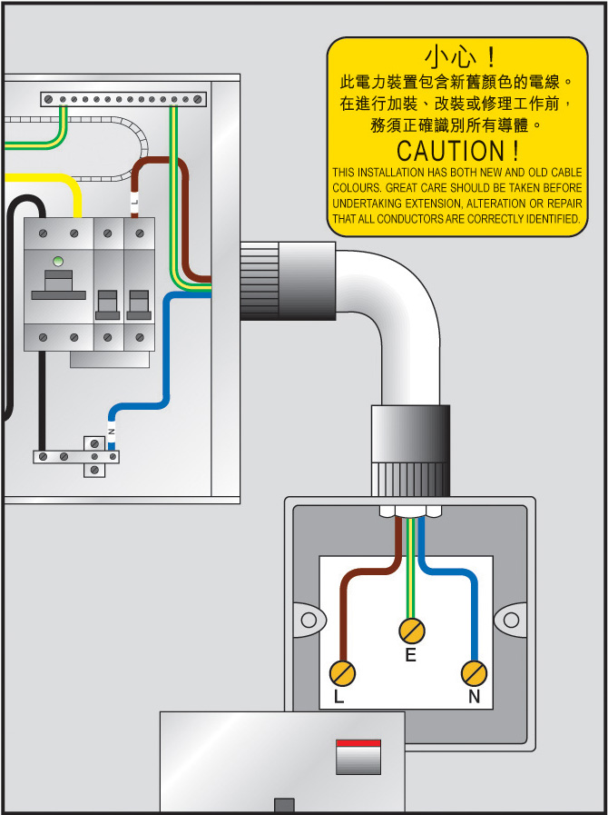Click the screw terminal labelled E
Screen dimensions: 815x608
tap(412, 630)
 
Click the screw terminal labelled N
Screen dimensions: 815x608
tap(474, 673)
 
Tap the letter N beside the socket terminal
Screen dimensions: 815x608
tap(474, 698)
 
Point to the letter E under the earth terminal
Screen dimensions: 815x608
tap(411, 655)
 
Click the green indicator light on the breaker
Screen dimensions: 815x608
tap(58, 262)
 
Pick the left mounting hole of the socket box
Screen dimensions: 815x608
tap(309, 620)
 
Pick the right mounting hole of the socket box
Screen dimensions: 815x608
tap(512, 620)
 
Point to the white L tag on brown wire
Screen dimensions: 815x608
tap(134, 204)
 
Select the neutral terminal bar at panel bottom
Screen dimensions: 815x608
tap(76, 457)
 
